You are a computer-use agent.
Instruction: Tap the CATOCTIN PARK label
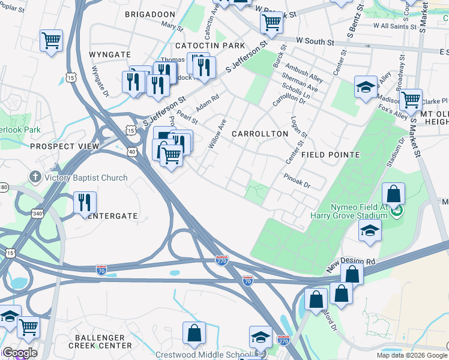210,46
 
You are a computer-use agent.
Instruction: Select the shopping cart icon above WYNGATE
52,41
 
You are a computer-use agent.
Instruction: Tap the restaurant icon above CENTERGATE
85,202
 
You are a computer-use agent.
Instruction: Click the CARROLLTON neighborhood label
260,134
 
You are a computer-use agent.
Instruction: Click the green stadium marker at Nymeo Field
396,211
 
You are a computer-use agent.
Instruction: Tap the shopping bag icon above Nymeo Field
393,194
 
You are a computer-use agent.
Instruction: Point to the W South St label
315,41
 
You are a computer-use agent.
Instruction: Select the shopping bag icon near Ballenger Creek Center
194,333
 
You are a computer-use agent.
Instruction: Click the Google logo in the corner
19,353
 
